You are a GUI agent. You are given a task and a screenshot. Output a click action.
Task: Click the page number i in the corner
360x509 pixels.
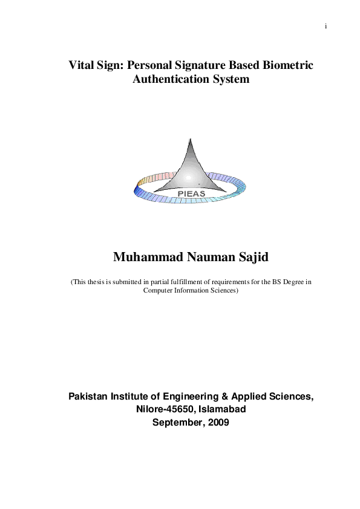click(x=326, y=27)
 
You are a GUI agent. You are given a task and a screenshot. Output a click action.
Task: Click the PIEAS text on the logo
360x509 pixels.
click(x=191, y=193)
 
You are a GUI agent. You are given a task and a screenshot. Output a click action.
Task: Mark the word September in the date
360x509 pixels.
click(x=178, y=423)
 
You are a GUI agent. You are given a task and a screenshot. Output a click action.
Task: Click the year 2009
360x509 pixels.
click(x=218, y=423)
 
